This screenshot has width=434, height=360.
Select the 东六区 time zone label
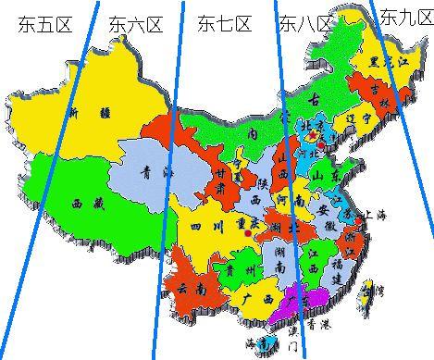pyautogui.click(x=135, y=25)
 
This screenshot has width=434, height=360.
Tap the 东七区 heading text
pyautogui.click(x=224, y=25)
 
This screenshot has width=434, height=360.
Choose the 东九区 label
pyautogui.click(x=405, y=17)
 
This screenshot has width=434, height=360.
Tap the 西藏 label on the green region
pyautogui.click(x=85, y=201)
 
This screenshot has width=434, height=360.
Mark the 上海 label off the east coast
pyautogui.click(x=378, y=213)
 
